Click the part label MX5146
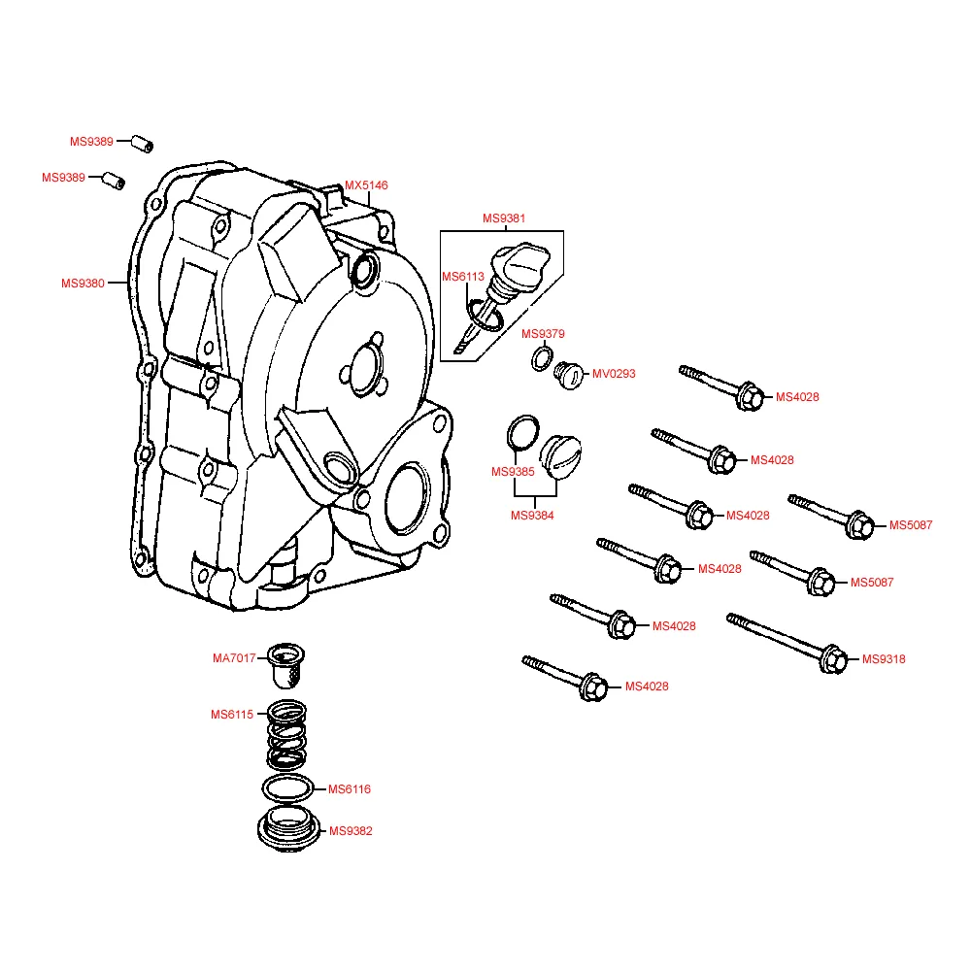366,184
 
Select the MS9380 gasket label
83,284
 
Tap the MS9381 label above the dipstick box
504,218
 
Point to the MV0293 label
614,374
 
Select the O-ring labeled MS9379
542,358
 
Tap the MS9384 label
532,516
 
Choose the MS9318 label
884,659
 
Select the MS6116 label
350,789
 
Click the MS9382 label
351,831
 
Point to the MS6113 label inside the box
463,277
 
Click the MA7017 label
234,657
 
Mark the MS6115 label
232,715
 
